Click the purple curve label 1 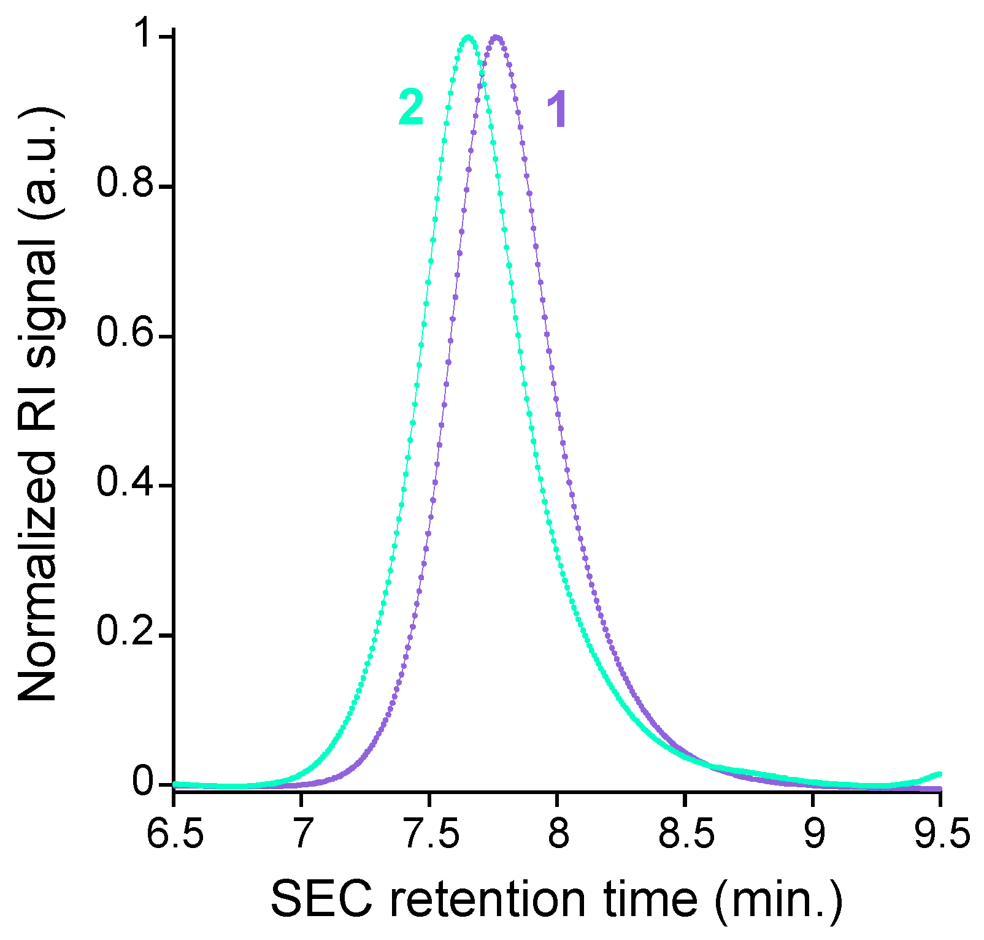point(557,110)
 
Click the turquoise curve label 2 point(411,107)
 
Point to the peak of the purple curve point(496,39)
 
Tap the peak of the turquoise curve point(468,38)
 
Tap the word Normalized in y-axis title point(38,576)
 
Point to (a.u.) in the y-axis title point(38,162)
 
